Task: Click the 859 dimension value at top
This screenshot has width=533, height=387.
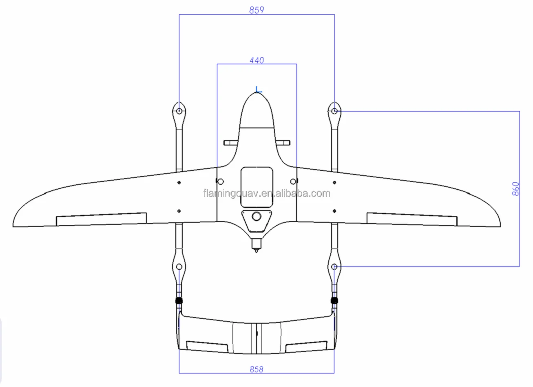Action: (257, 10)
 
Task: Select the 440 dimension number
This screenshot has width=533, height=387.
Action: (257, 60)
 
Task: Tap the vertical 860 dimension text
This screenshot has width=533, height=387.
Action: (515, 189)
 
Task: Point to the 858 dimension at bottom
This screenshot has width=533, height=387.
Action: (257, 369)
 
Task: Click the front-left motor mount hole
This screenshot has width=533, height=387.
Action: (179, 111)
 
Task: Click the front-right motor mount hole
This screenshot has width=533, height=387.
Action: (334, 111)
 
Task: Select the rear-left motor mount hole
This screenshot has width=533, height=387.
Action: (179, 267)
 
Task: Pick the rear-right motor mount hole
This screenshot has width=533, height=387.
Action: (334, 267)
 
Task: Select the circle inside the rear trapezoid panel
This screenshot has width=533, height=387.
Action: (257, 216)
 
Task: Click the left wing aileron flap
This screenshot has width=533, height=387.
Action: (101, 219)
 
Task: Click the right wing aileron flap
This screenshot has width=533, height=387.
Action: (412, 219)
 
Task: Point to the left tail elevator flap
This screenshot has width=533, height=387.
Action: (207, 347)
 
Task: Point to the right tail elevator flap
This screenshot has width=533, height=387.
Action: (307, 347)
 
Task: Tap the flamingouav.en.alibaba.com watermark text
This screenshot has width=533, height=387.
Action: (267, 193)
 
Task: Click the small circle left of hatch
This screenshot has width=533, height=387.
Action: (221, 181)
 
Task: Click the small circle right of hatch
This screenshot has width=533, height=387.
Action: (293, 181)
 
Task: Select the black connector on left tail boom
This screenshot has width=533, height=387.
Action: (179, 301)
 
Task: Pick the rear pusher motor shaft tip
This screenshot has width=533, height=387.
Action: (257, 251)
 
